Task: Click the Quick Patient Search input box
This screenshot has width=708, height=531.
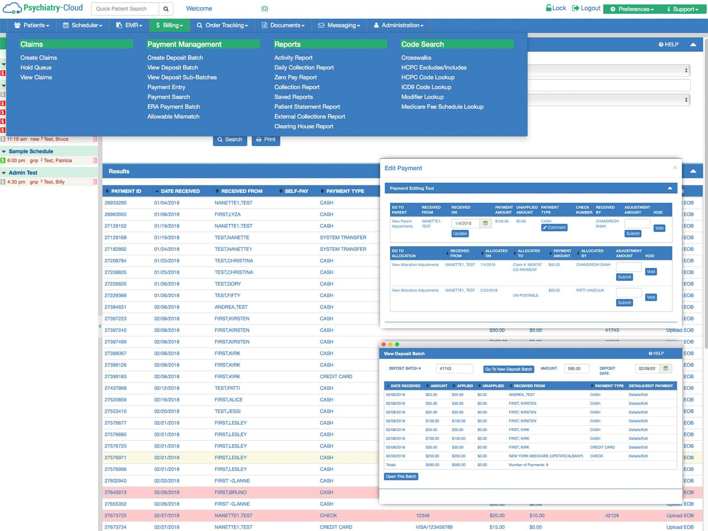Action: [125, 9]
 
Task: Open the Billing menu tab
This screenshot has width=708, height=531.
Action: [170, 25]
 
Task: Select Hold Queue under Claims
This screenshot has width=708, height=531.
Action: [36, 67]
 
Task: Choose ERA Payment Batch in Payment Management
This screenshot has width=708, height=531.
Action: [173, 107]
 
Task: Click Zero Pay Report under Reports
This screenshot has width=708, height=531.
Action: [295, 77]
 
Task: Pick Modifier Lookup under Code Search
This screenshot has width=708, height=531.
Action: [422, 97]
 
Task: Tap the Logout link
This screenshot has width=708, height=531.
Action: [586, 8]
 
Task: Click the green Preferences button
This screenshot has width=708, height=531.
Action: [632, 9]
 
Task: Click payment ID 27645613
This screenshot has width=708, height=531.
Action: [115, 492]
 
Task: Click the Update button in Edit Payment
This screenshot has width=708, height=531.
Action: [460, 234]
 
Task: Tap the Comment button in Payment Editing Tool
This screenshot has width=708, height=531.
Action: [554, 227]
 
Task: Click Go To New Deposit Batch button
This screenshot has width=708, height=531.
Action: [508, 369]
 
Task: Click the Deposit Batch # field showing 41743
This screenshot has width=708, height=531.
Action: [454, 369]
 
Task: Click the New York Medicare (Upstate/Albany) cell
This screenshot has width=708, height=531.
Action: [546, 456]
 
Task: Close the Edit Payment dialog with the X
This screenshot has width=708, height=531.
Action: [675, 167]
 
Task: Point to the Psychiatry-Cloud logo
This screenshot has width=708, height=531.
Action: [42, 8]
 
